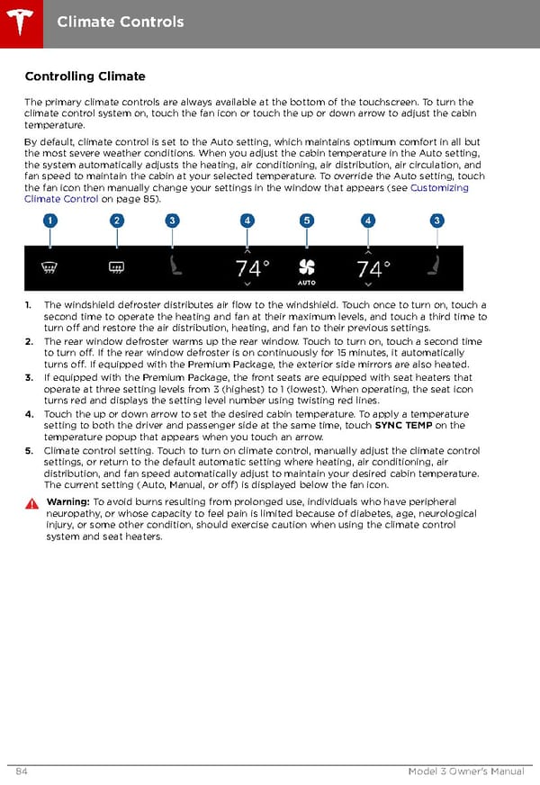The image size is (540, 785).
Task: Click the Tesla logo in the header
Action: [22, 22]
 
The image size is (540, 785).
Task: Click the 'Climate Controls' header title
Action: [121, 22]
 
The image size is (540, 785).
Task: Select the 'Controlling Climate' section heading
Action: [85, 77]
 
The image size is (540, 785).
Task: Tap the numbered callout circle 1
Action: [49, 221]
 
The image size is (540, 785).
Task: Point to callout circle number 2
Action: [117, 221]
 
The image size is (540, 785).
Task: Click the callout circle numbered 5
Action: [307, 221]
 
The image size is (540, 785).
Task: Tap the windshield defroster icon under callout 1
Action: [50, 266]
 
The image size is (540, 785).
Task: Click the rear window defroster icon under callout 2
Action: [116, 266]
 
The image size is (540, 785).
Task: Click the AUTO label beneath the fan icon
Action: [307, 283]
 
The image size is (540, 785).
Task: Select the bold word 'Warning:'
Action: [67, 501]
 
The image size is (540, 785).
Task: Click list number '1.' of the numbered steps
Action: [30, 305]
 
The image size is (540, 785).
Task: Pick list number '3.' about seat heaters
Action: [30, 378]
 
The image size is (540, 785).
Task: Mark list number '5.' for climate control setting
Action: [30, 450]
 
